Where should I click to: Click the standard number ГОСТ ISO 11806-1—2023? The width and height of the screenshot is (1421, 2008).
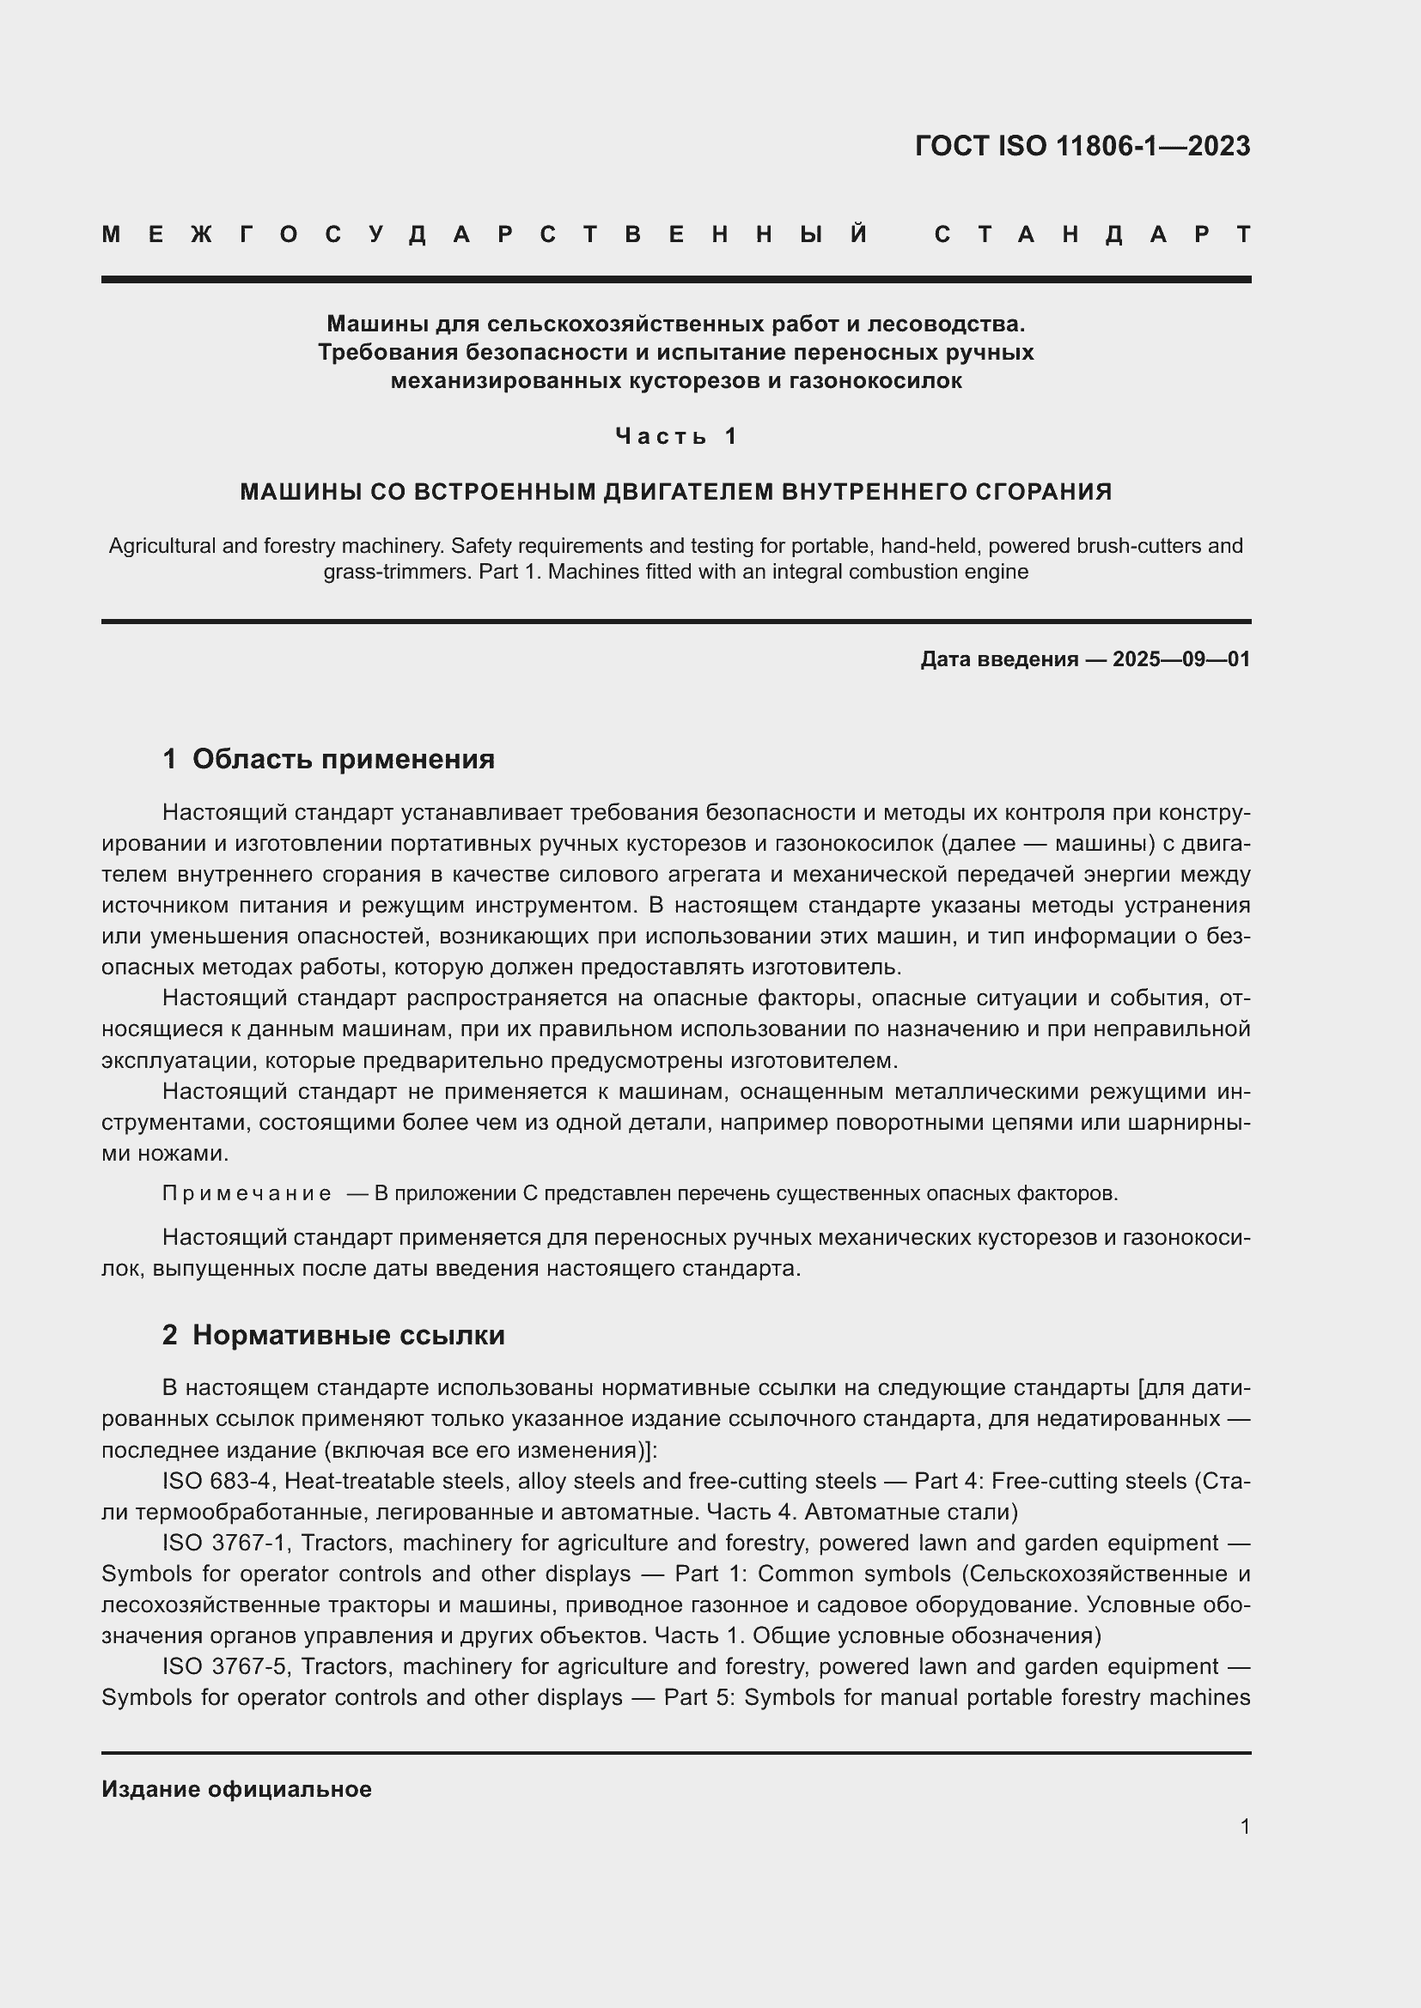(x=1083, y=145)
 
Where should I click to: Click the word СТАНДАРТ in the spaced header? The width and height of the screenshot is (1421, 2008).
(x=1093, y=234)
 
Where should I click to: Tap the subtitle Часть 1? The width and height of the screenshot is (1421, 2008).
(x=676, y=435)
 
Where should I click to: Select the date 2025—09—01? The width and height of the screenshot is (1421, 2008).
(x=1181, y=659)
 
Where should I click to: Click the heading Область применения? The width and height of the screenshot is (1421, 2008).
(x=343, y=758)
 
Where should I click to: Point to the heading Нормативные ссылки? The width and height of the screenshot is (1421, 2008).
(x=348, y=1335)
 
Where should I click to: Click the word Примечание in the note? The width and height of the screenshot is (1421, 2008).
(x=247, y=1194)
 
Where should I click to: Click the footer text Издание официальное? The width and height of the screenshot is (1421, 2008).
(x=236, y=1789)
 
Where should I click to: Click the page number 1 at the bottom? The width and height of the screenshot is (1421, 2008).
(x=1245, y=1826)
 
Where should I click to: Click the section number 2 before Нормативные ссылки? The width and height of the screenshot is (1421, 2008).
(x=170, y=1335)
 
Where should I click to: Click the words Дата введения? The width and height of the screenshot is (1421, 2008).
(x=998, y=659)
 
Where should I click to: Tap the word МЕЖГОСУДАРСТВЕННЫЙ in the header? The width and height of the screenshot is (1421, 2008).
(x=485, y=234)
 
